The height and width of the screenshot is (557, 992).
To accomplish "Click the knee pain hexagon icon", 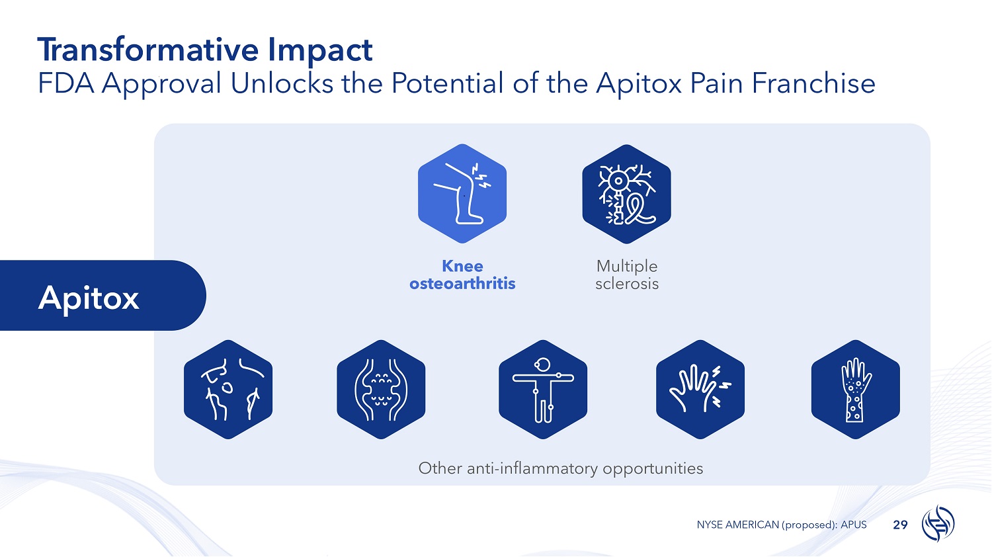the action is tap(462, 194).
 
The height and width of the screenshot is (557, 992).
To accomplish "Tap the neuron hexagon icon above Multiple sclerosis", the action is tap(626, 194).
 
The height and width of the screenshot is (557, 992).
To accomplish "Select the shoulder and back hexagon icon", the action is tap(228, 390).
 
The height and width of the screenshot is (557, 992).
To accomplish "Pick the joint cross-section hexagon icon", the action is tap(381, 390).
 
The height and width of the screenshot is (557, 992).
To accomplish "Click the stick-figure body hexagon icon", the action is tap(543, 390).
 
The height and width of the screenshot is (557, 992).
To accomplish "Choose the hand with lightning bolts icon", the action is tap(700, 390).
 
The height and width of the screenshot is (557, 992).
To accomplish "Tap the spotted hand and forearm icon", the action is tap(856, 390).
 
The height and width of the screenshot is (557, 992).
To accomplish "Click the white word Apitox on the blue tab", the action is tap(89, 298).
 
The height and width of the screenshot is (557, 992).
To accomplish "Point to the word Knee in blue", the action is tap(462, 267).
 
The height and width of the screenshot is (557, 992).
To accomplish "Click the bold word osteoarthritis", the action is tap(462, 284).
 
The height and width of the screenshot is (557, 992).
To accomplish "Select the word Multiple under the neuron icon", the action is tap(627, 267).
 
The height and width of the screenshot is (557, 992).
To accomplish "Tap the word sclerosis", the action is tap(627, 284).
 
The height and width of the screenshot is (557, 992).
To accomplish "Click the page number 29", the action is tap(900, 525).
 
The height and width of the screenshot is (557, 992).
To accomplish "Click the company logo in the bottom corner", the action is tap(938, 523).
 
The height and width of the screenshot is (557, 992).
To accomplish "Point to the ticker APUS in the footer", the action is tap(853, 525).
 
